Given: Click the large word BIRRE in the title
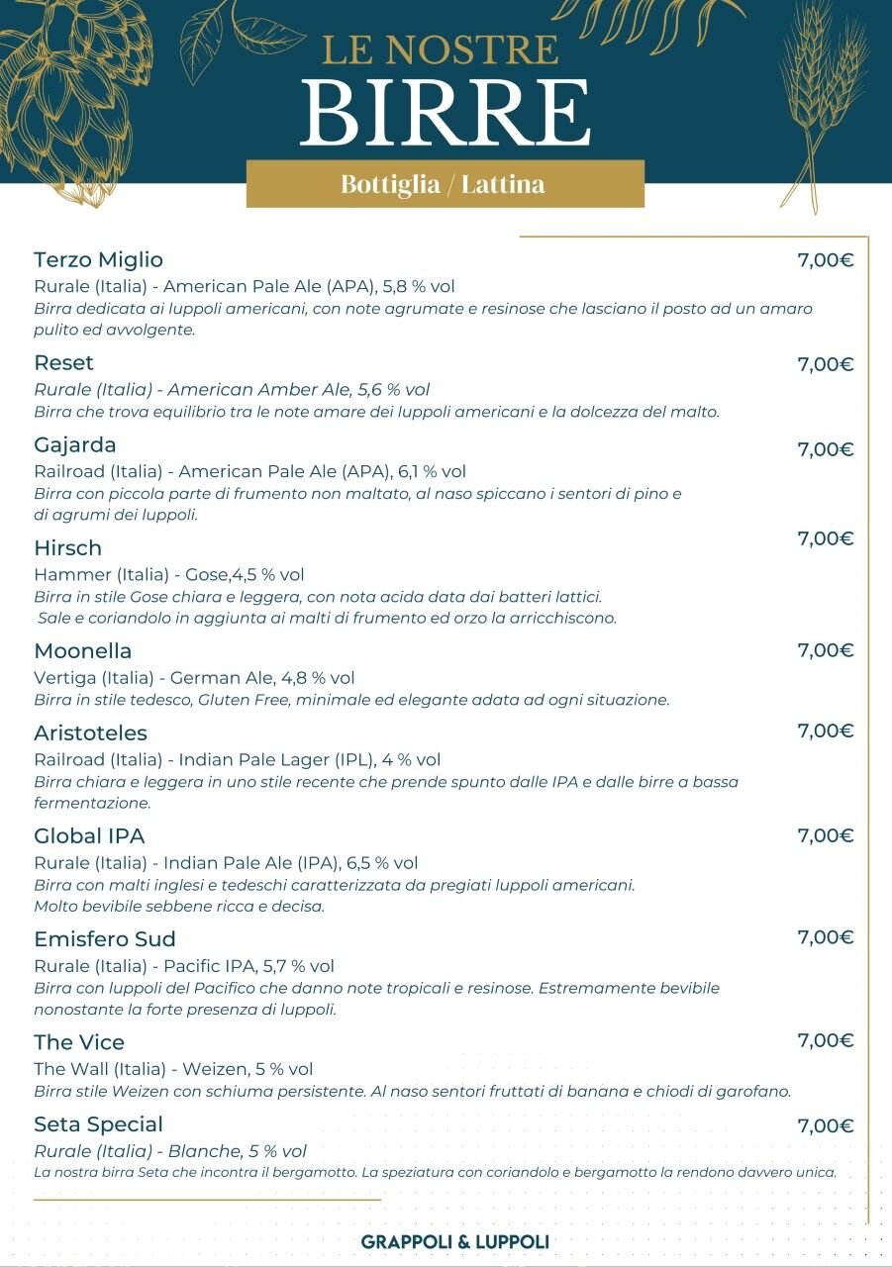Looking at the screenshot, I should [446, 112].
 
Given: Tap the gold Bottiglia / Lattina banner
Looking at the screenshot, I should [445, 184].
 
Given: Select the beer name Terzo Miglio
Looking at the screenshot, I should [98, 260].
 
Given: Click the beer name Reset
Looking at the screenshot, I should [63, 362].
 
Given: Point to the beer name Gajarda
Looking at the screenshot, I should [75, 444].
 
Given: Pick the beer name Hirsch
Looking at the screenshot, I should [67, 547].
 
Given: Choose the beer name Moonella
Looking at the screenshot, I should [82, 650].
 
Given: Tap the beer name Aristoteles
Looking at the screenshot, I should [90, 732].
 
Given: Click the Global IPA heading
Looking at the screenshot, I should [89, 835].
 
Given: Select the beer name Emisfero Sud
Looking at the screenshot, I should [104, 938].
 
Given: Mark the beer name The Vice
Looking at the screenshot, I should [79, 1041].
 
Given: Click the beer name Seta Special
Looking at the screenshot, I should [98, 1124].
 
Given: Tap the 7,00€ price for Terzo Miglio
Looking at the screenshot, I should [826, 261].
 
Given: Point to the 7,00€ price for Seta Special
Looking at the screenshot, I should [826, 1125].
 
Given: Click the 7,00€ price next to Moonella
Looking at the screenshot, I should [826, 650].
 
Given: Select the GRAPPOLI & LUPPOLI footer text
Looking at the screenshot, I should [454, 1241].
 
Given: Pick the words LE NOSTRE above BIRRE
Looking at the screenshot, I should [441, 49].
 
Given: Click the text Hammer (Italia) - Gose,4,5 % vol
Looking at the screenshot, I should [169, 575].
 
